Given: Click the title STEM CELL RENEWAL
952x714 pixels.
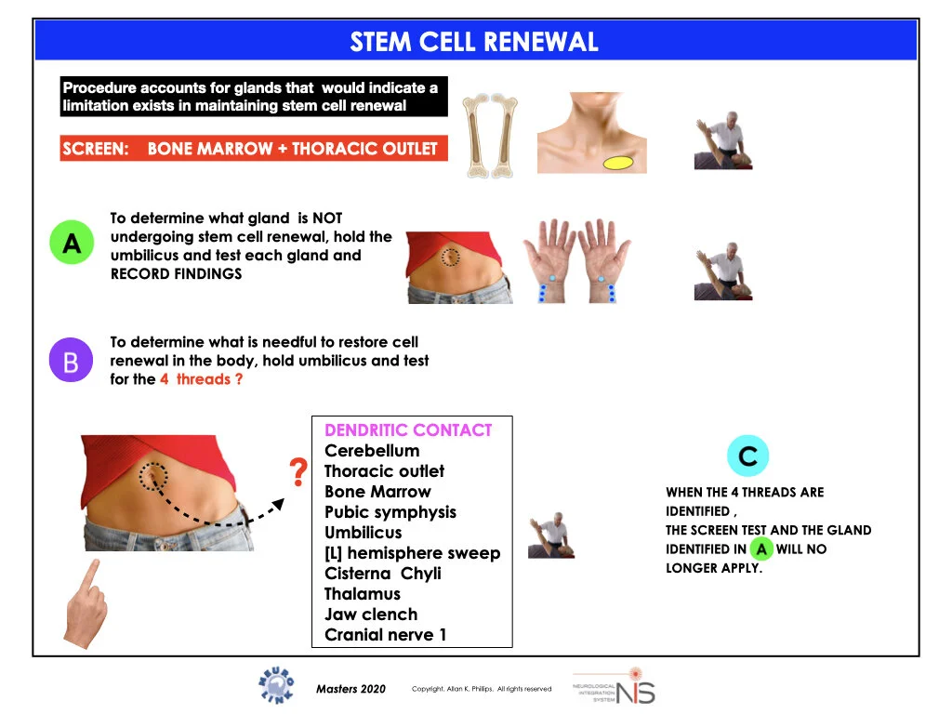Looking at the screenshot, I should pos(474,42).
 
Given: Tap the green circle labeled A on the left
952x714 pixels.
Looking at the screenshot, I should pos(72,244).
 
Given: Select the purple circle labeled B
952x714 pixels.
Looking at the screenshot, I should pos(71,361).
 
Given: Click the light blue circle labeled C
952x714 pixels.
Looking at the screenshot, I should pos(747,456).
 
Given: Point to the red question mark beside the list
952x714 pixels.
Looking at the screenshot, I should pos(298,473).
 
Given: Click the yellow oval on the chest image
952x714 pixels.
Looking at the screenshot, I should pos(618,163).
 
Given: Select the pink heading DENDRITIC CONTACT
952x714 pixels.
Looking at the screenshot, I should pos(407,430).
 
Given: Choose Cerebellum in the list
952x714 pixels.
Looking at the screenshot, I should pos(372,451).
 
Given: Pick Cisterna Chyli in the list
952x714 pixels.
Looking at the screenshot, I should pos(382,574).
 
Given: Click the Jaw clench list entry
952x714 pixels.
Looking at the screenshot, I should pos(371,615).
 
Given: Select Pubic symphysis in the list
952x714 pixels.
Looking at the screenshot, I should pos(390,512).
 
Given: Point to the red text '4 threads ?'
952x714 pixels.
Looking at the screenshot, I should pos(201,379).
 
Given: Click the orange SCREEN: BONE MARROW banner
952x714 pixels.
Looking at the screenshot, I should pos(253,149).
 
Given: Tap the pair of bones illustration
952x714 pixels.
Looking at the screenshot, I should pos(490,135).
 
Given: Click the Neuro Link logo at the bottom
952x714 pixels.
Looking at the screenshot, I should pos(276,686).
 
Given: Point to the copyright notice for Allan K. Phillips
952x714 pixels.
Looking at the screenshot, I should pos(482,689).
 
